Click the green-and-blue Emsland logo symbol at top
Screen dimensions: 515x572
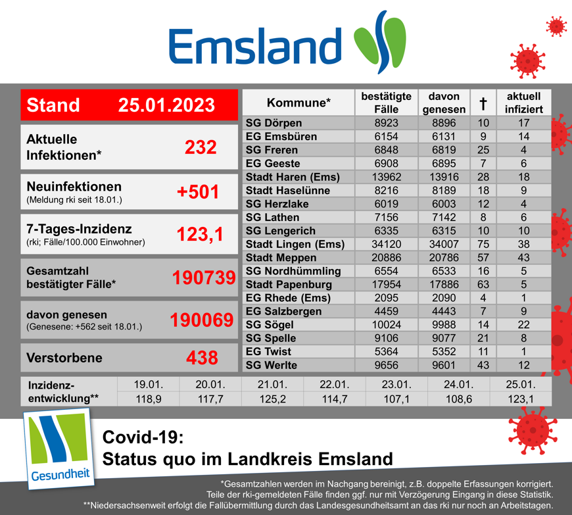click(x=379, y=41)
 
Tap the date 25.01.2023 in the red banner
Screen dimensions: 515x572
click(x=167, y=105)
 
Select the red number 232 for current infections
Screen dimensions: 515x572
click(x=201, y=147)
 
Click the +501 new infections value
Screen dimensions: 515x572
click(x=197, y=192)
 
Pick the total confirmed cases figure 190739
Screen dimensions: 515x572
click(x=203, y=278)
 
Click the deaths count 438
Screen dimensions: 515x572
click(x=202, y=358)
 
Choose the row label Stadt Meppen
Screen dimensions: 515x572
click(x=281, y=258)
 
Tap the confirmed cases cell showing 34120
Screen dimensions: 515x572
click(x=387, y=245)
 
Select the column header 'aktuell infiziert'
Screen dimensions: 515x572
click(x=523, y=103)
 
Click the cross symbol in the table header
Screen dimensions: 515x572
click(x=483, y=103)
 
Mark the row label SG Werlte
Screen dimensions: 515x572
click(x=271, y=365)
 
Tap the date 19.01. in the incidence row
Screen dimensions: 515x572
click(x=148, y=384)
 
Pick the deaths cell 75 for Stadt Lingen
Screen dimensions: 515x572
click(x=483, y=245)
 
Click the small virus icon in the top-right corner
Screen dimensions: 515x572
click(x=556, y=26)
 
